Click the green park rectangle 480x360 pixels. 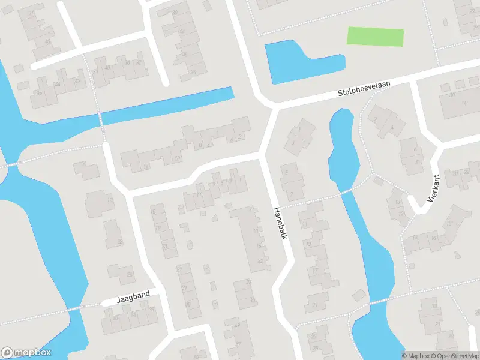(375, 37)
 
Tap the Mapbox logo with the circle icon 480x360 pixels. (26, 352)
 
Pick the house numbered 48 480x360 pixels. (48, 41)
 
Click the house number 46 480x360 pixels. (40, 93)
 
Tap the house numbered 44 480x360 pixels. (58, 85)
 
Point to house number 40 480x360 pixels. (108, 67)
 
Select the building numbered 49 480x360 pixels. (237, 325)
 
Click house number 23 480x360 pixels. (164, 246)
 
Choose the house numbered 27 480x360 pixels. (179, 269)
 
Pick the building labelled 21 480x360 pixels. (316, 305)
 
